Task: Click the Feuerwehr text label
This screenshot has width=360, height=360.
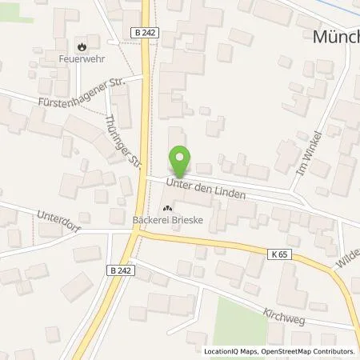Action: click(81, 58)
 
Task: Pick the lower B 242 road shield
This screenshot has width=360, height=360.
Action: click(118, 270)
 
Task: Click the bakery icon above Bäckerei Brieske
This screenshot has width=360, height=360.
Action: click(166, 210)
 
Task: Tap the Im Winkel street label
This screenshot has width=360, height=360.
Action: click(311, 153)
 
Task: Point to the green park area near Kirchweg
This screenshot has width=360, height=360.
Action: click(240, 320)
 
